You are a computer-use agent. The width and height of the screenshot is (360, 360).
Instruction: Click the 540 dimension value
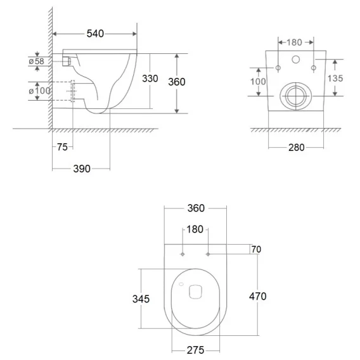[x=95, y=34]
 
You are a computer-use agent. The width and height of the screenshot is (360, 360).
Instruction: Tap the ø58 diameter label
[x=37, y=61]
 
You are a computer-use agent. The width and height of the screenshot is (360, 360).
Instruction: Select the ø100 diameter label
[x=39, y=91]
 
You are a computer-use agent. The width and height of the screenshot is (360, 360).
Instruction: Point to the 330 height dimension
[x=150, y=79]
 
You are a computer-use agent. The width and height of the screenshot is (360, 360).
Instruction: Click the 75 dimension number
[x=62, y=147]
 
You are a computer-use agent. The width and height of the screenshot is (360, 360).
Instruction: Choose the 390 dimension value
[x=82, y=169]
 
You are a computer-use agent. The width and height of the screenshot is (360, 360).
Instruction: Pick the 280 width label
[x=297, y=148]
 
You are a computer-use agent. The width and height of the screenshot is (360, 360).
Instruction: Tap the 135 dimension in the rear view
[x=335, y=79]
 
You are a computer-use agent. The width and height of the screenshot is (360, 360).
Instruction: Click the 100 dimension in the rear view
[x=258, y=82]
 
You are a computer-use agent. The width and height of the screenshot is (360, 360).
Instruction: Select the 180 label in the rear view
[x=294, y=42]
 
